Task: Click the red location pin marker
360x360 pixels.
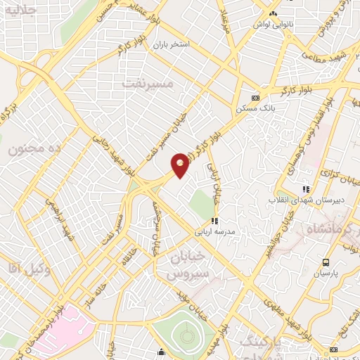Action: (x=181, y=165)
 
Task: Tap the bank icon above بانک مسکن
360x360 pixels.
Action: (x=255, y=98)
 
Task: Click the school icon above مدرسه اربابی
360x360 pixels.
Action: (x=214, y=221)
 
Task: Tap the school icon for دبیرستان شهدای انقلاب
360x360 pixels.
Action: (x=305, y=188)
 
